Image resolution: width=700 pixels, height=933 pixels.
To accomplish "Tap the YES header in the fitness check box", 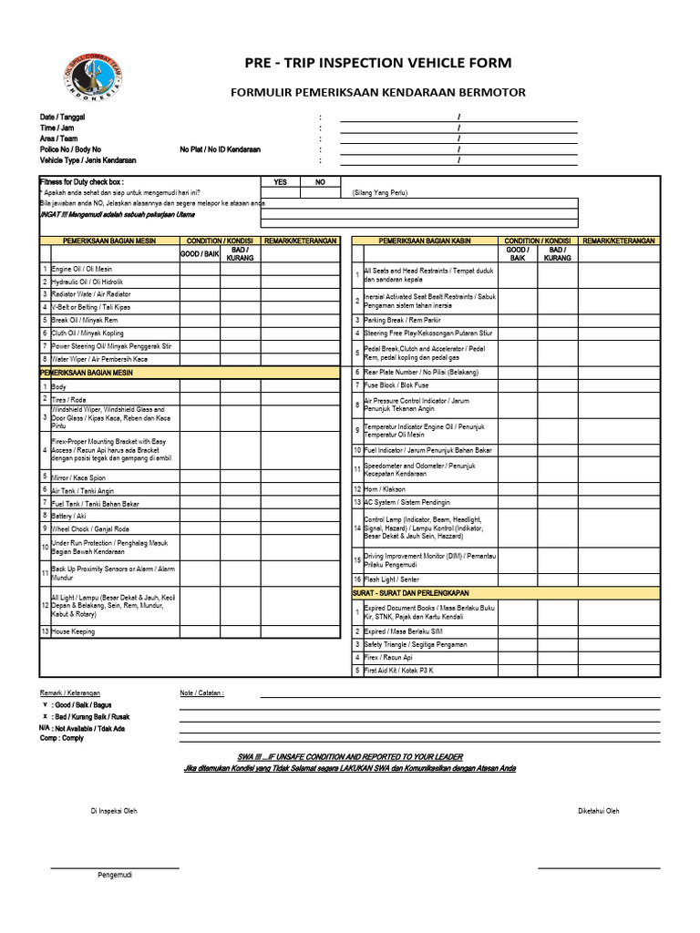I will pos(280,182).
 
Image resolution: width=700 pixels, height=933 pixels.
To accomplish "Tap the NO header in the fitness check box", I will pos(320,182).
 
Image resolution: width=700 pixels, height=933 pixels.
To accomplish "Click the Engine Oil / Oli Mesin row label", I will pos(82,270).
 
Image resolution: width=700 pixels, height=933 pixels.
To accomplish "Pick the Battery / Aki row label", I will pos(69,516).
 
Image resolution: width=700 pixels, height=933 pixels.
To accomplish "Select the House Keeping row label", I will pos(73,631).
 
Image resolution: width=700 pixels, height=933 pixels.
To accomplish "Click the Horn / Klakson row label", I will pos(385,489).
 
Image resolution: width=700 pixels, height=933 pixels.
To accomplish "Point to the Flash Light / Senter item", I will pos(391,579).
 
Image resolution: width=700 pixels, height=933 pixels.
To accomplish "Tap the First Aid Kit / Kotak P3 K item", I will pos(398,671).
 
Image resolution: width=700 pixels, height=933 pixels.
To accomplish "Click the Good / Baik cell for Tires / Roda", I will pos(200,400).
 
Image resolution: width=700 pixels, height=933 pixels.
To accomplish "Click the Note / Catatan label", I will pos(202,693).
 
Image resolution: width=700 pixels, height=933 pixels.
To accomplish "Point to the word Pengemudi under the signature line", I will pos(115,876).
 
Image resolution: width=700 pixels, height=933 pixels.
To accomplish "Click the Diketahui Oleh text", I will pos(598,811).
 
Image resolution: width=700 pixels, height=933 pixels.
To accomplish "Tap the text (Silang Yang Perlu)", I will pos(380,193).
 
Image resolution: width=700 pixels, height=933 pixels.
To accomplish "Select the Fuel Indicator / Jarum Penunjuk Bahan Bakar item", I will pos(427,450).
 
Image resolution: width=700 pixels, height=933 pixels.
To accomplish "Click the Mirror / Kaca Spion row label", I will pos(78,477).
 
